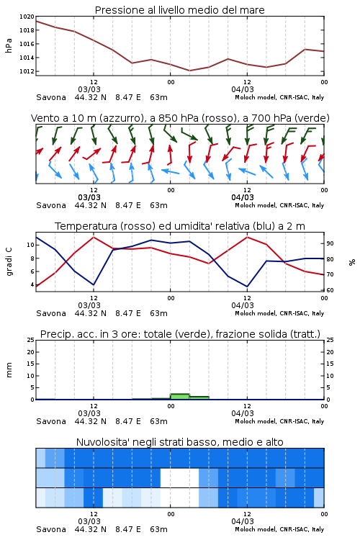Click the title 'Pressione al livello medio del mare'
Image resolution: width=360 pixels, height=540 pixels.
coord(179,10)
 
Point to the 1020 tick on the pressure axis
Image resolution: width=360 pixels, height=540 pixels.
coord(27,17)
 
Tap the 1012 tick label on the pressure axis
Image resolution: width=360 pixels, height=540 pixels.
coord(27,71)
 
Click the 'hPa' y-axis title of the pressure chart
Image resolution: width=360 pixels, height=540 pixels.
coord(9,45)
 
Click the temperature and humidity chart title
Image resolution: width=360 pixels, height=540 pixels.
coord(180,226)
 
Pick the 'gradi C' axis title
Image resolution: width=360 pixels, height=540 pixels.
coord(9,262)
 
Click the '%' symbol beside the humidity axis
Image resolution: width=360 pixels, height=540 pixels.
coord(352,262)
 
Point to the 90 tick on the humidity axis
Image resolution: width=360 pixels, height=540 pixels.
coord(330,243)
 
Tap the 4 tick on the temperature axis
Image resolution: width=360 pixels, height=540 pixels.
coord(32,285)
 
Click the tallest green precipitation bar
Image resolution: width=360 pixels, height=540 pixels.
coord(180,397)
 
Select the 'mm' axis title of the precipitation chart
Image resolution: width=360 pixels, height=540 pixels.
coord(9,370)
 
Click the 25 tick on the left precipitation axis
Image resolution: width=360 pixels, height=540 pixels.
coord(31,340)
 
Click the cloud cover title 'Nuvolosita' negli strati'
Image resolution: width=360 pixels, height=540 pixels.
coord(136,442)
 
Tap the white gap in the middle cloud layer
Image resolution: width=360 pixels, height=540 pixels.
coord(180,477)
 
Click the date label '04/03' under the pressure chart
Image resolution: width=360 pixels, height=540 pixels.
coord(243,89)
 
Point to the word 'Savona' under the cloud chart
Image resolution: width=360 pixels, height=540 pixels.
coord(51,529)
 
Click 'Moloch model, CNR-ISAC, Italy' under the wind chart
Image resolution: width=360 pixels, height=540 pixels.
coord(279,205)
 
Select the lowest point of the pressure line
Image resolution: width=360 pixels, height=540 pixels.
coord(189,71)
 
